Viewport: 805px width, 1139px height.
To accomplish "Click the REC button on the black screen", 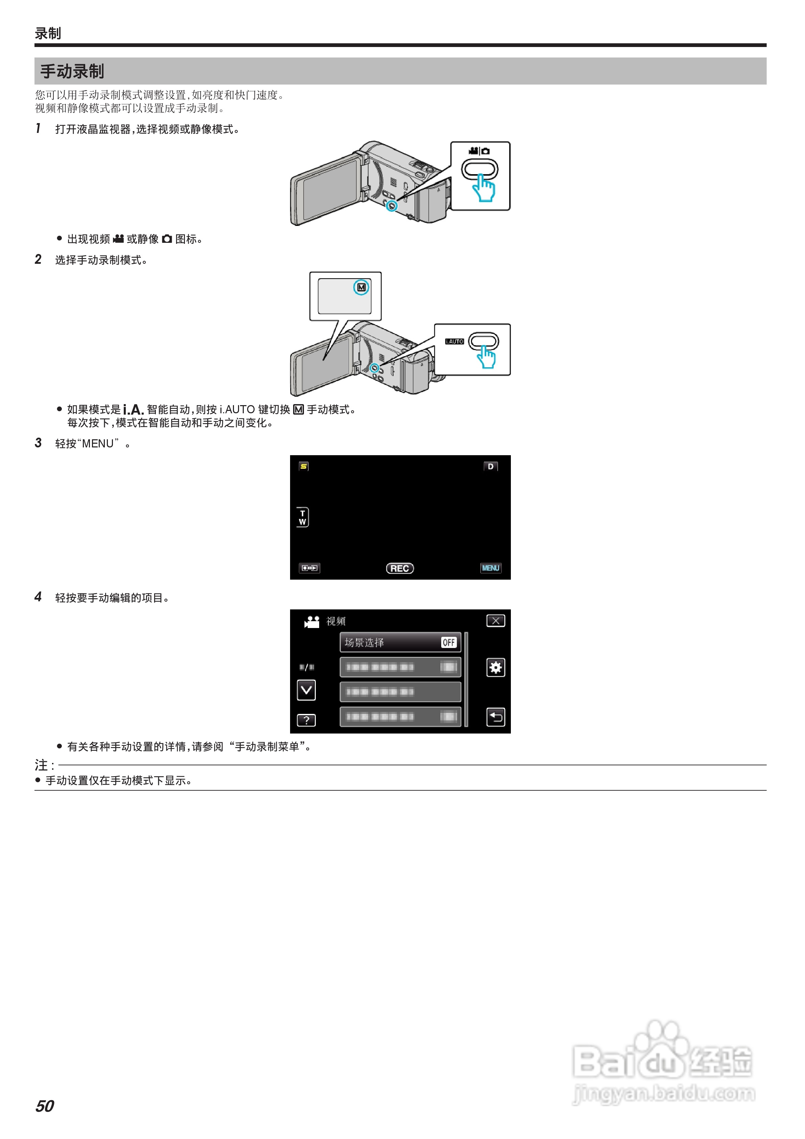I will click(x=399, y=568).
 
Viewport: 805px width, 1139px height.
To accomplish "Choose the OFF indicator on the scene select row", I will click(x=448, y=643).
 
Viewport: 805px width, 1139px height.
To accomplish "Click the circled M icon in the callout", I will click(x=361, y=287).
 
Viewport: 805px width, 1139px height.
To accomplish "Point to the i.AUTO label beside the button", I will click(x=454, y=341).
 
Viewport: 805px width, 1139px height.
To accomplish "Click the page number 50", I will click(x=45, y=1106).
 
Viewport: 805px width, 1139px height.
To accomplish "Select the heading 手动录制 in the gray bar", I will click(x=72, y=71).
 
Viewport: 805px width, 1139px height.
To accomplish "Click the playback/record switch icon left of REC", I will click(x=309, y=568).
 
